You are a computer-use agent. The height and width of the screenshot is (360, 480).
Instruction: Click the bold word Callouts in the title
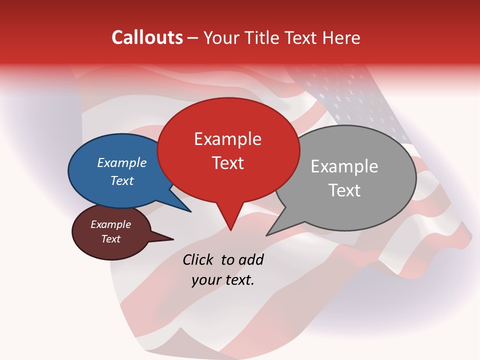pos(147,37)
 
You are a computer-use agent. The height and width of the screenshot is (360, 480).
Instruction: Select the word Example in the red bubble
pos(227,139)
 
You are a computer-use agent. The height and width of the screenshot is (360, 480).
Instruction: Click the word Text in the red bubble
pos(227,163)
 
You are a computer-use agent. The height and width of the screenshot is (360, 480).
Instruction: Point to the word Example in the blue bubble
pos(121,163)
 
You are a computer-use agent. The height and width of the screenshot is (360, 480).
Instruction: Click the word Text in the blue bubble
pos(121,181)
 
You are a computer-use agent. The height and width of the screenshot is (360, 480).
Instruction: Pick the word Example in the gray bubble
pos(344,166)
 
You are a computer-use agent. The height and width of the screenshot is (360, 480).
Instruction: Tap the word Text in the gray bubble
pos(344,190)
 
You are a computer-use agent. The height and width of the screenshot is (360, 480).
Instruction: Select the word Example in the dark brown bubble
pos(110,225)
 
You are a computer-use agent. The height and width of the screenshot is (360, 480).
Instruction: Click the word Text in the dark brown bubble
pos(110,239)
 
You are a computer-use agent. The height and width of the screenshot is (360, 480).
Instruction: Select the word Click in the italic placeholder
pos(198,260)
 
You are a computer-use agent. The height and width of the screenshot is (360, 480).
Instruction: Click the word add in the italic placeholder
pos(250,260)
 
